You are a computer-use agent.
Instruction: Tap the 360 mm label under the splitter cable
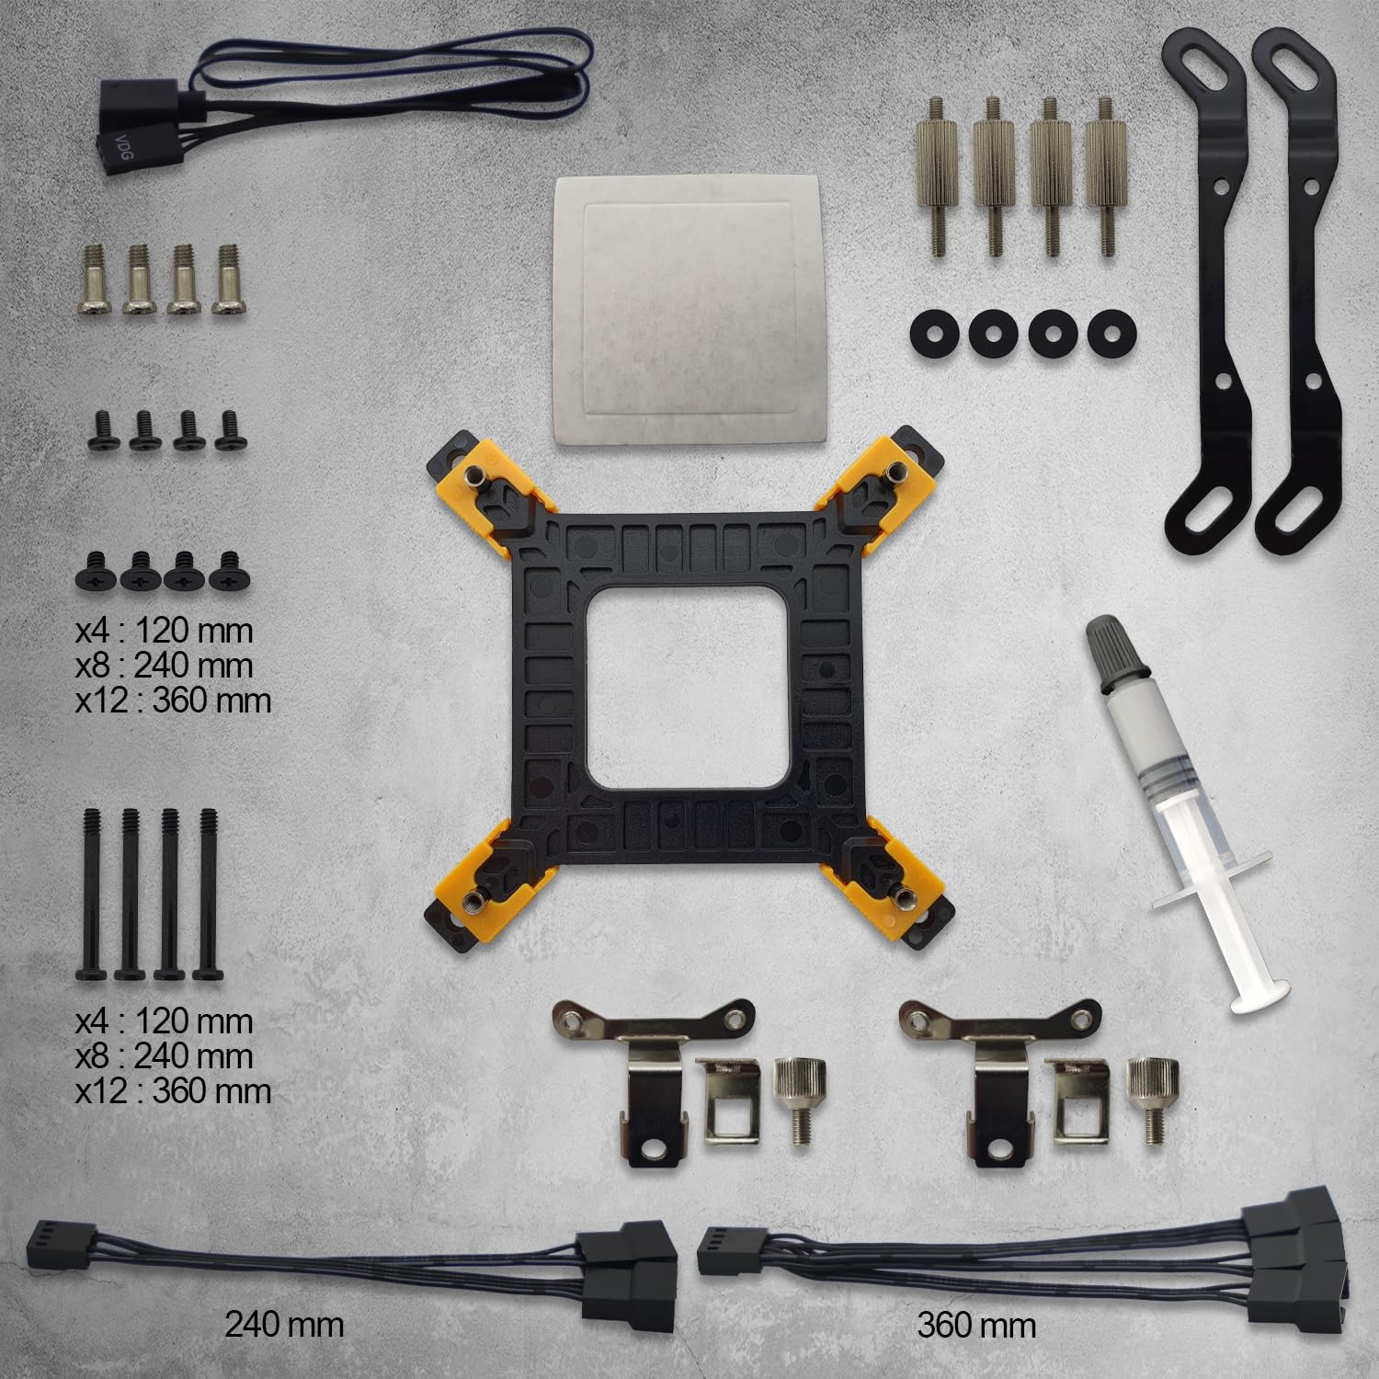(975, 1325)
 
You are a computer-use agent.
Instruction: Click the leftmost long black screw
(95, 893)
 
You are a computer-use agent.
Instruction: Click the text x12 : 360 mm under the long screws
(173, 1091)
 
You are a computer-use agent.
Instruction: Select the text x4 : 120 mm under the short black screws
(164, 631)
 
